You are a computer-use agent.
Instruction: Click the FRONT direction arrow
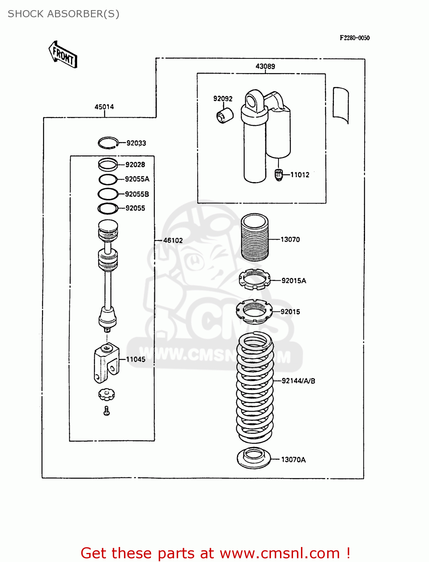click(x=63, y=55)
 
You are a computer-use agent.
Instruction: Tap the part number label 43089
click(x=265, y=66)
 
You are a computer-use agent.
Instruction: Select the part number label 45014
click(x=104, y=107)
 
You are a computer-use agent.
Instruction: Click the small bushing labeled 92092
click(x=225, y=115)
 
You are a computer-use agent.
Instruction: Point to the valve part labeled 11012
click(x=279, y=175)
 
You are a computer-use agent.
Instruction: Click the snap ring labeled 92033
click(x=108, y=143)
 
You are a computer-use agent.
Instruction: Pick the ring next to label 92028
click(x=108, y=164)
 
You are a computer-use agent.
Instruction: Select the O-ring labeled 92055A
click(x=108, y=179)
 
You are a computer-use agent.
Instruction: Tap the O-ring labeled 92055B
click(x=108, y=194)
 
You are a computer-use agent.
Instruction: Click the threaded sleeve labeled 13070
click(x=255, y=238)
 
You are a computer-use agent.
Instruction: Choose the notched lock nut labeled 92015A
click(x=255, y=280)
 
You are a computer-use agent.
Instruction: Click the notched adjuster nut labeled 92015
click(x=254, y=311)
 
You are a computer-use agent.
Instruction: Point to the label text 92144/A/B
click(x=298, y=381)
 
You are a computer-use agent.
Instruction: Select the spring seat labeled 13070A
click(x=254, y=458)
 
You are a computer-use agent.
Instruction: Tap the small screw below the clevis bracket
click(x=107, y=411)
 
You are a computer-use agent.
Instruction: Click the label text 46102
click(x=173, y=241)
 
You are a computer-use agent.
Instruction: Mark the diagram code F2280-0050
click(x=355, y=38)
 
